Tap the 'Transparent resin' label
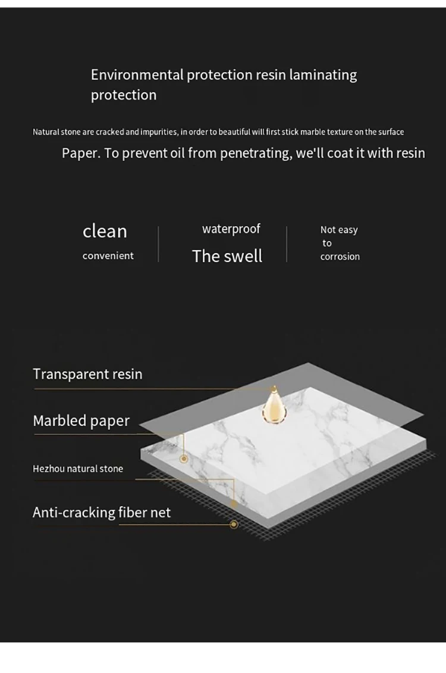(87, 374)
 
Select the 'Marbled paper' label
(81, 420)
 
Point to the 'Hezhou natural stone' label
(78, 469)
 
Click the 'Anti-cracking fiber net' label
(102, 512)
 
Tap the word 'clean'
(105, 231)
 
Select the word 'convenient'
(108, 256)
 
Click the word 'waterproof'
(231, 229)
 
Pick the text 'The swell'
(227, 256)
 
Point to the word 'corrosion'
(340, 257)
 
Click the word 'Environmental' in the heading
(137, 75)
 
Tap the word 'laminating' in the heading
(323, 75)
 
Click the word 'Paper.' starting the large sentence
(81, 153)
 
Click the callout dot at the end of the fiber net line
(234, 524)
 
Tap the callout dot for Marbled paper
(184, 459)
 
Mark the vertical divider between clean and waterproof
(158, 244)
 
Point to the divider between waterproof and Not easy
(287, 244)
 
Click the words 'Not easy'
(339, 230)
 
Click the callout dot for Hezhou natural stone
(234, 503)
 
